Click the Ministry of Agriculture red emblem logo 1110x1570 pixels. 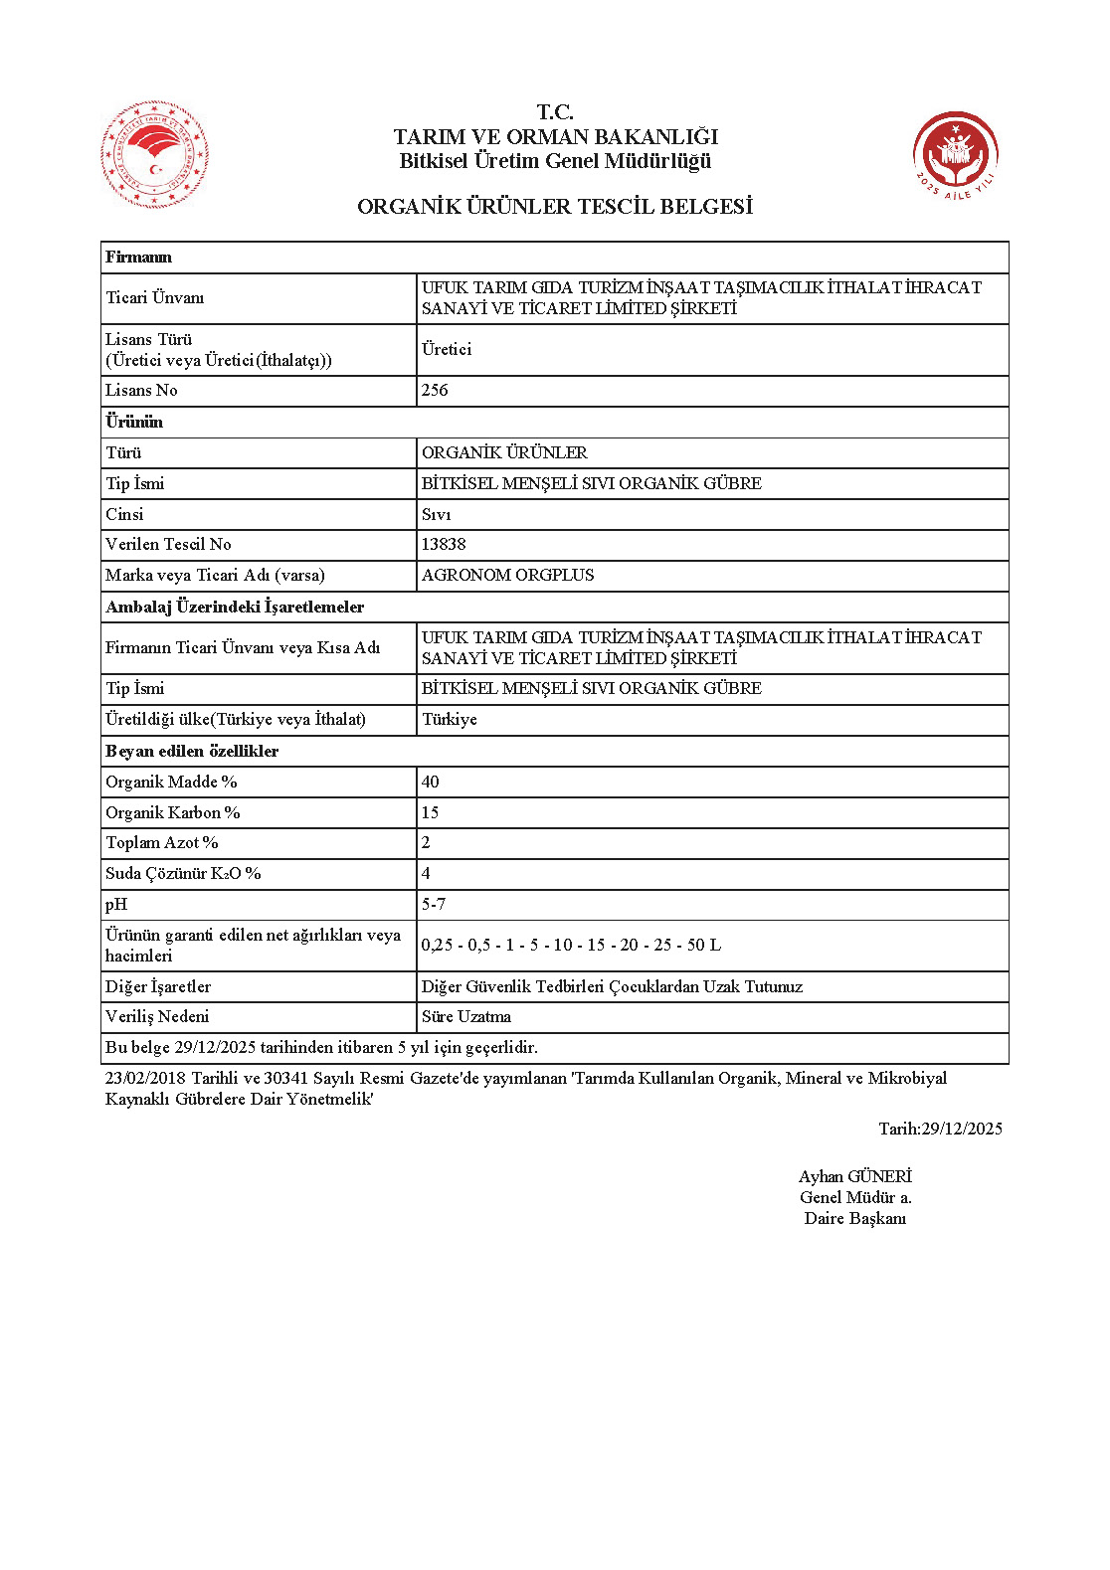154,154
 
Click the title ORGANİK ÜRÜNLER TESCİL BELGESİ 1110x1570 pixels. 554,207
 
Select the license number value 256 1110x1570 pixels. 435,391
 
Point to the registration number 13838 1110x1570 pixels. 444,544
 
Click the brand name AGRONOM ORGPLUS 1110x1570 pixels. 507,575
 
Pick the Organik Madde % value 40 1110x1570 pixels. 430,782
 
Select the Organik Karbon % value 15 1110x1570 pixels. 430,812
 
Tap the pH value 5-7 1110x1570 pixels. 434,904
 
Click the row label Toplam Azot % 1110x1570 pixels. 162,842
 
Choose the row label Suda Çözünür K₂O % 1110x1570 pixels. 183,873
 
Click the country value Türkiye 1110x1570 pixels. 450,719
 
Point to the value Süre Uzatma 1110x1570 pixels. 466,1016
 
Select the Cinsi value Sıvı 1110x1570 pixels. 436,514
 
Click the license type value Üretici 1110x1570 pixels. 447,349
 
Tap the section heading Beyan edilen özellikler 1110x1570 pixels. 192,751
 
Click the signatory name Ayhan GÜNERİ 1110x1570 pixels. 854,1176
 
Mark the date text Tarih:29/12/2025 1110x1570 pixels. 940,1129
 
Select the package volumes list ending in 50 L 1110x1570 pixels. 571,945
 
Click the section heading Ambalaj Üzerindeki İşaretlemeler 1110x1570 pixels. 235,607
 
